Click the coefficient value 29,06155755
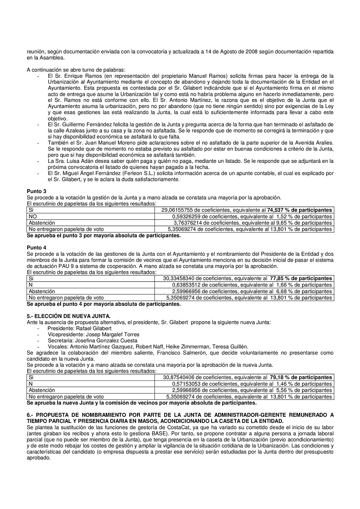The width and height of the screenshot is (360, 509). [181, 210]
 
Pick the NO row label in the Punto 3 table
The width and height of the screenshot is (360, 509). [33, 216]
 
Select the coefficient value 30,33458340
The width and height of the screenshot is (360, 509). [181, 279]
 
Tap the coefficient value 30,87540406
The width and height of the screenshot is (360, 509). [181, 377]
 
